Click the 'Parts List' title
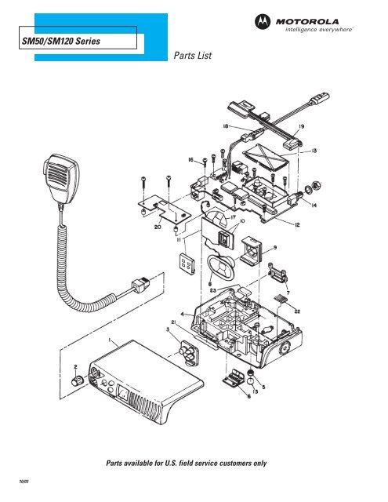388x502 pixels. (x=191, y=56)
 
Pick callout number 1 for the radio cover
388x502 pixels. (x=111, y=342)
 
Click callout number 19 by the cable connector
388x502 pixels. (x=301, y=125)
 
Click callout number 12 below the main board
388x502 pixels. (x=297, y=226)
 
